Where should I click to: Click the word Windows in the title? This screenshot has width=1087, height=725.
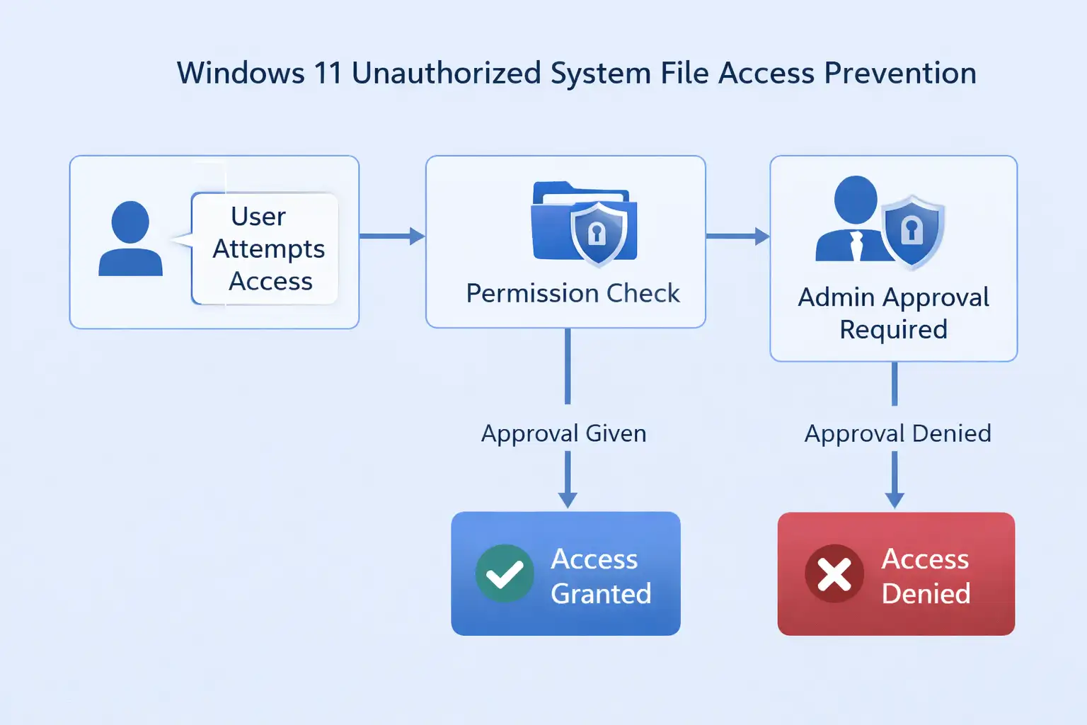[x=241, y=74]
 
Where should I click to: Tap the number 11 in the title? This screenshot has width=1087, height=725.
[x=328, y=74]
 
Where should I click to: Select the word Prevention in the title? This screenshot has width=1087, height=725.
[x=900, y=74]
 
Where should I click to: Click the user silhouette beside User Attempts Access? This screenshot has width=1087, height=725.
[x=130, y=239]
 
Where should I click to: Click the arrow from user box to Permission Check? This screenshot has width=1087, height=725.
[x=392, y=236]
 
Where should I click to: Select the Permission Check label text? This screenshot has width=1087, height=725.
[x=573, y=293]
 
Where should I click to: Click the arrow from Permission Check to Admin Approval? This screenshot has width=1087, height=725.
[x=737, y=236]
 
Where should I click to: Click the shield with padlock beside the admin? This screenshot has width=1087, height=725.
[x=912, y=231]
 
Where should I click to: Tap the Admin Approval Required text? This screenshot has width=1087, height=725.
[x=893, y=313]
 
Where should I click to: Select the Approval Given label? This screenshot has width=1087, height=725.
[x=564, y=433]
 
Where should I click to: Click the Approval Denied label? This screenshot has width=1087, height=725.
[x=897, y=433]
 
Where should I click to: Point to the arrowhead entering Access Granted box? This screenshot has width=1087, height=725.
[x=568, y=499]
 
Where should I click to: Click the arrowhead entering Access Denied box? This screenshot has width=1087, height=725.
[x=895, y=499]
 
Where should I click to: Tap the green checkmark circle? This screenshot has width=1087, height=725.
[x=505, y=573]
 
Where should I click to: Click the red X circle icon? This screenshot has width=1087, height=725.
[x=834, y=573]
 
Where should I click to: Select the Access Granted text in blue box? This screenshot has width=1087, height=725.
[x=601, y=576]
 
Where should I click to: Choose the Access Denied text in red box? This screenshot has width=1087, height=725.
[x=926, y=576]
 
